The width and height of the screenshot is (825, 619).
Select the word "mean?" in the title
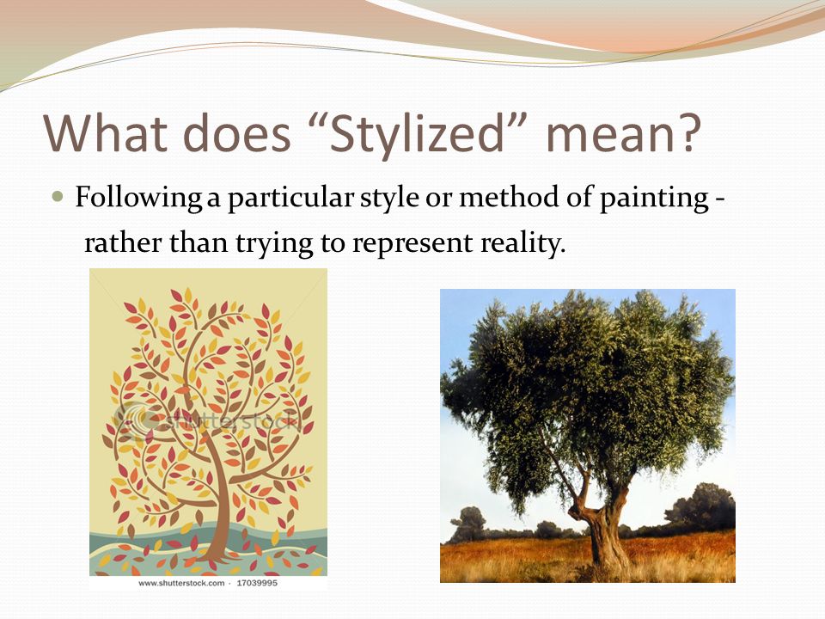click(624, 133)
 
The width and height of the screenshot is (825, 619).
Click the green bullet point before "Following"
click(58, 198)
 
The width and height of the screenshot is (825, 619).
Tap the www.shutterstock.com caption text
click(181, 583)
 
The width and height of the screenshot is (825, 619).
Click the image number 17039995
click(257, 583)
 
